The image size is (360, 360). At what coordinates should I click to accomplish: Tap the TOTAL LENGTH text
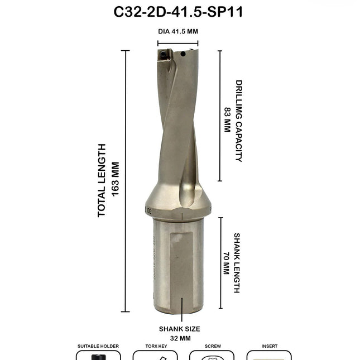pyautogui.click(x=102, y=180)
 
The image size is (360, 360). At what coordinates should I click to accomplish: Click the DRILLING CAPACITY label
pyautogui.click(x=239, y=121)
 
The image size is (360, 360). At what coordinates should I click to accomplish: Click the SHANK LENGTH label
pyautogui.click(x=237, y=263)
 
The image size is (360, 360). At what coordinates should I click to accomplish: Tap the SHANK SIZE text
pyautogui.click(x=179, y=329)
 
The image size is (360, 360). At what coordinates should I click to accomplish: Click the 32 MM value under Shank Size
pyautogui.click(x=179, y=338)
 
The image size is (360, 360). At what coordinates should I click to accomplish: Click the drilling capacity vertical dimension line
pyautogui.click(x=219, y=116)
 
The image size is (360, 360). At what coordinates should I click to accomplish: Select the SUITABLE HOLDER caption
pyautogui.click(x=98, y=346)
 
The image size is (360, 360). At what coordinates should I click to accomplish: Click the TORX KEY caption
pyautogui.click(x=155, y=346)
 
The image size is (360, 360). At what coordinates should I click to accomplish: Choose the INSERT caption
pyautogui.click(x=270, y=346)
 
